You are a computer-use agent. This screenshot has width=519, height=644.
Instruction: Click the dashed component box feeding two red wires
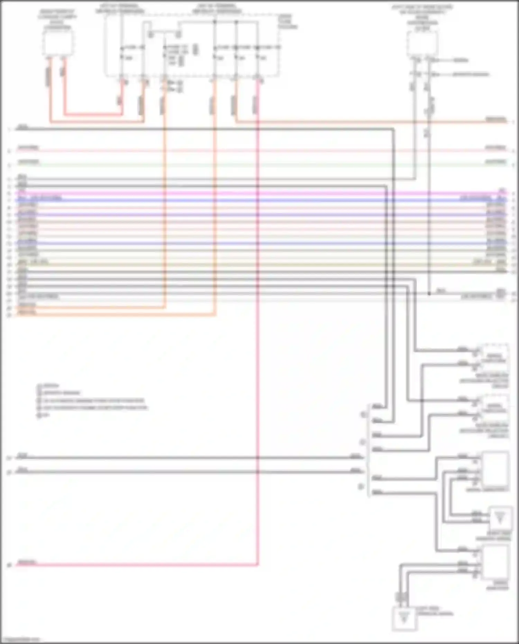coord(58,43)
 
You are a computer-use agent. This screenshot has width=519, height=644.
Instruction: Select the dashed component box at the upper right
coord(422,44)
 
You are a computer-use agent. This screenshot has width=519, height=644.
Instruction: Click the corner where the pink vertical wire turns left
coord(258,565)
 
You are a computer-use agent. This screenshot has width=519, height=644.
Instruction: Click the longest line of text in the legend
coord(93,408)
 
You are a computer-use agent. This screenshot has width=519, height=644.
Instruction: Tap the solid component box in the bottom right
coord(496,561)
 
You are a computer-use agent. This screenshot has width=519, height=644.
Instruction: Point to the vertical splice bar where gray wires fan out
coord(368,450)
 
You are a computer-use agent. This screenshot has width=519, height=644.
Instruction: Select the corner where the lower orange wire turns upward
coord(216,315)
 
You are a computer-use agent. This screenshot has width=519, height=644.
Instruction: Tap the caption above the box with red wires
coord(58,19)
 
